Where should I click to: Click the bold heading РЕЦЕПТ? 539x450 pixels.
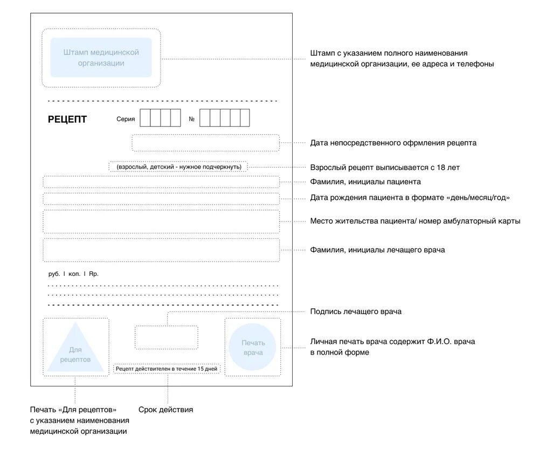(x=67, y=119)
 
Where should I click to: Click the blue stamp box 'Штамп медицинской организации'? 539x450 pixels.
(x=101, y=58)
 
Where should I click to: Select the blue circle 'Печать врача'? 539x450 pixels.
(x=253, y=348)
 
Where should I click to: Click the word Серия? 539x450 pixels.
(x=126, y=119)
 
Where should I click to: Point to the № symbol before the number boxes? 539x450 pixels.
(x=191, y=119)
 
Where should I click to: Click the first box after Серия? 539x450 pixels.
(x=145, y=117)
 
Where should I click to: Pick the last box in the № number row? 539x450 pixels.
(x=245, y=117)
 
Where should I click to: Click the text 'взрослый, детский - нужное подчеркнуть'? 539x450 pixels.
(x=178, y=167)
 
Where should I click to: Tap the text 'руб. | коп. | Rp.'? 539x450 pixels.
(x=73, y=274)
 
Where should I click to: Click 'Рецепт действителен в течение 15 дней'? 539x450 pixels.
(x=167, y=369)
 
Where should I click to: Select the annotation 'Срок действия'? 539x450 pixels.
(x=165, y=410)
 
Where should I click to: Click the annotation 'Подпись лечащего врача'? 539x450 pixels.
(x=356, y=311)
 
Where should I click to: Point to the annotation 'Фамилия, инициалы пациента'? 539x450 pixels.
(x=365, y=182)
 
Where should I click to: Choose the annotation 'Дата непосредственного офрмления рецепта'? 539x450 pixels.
(x=393, y=143)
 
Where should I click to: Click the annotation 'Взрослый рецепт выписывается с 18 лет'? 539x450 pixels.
(x=385, y=168)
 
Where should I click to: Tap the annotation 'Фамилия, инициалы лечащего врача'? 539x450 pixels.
(x=377, y=250)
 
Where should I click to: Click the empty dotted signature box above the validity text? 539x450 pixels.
(x=166, y=337)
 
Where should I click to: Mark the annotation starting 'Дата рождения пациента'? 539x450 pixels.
(x=410, y=197)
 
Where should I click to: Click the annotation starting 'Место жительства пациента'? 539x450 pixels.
(x=415, y=221)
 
